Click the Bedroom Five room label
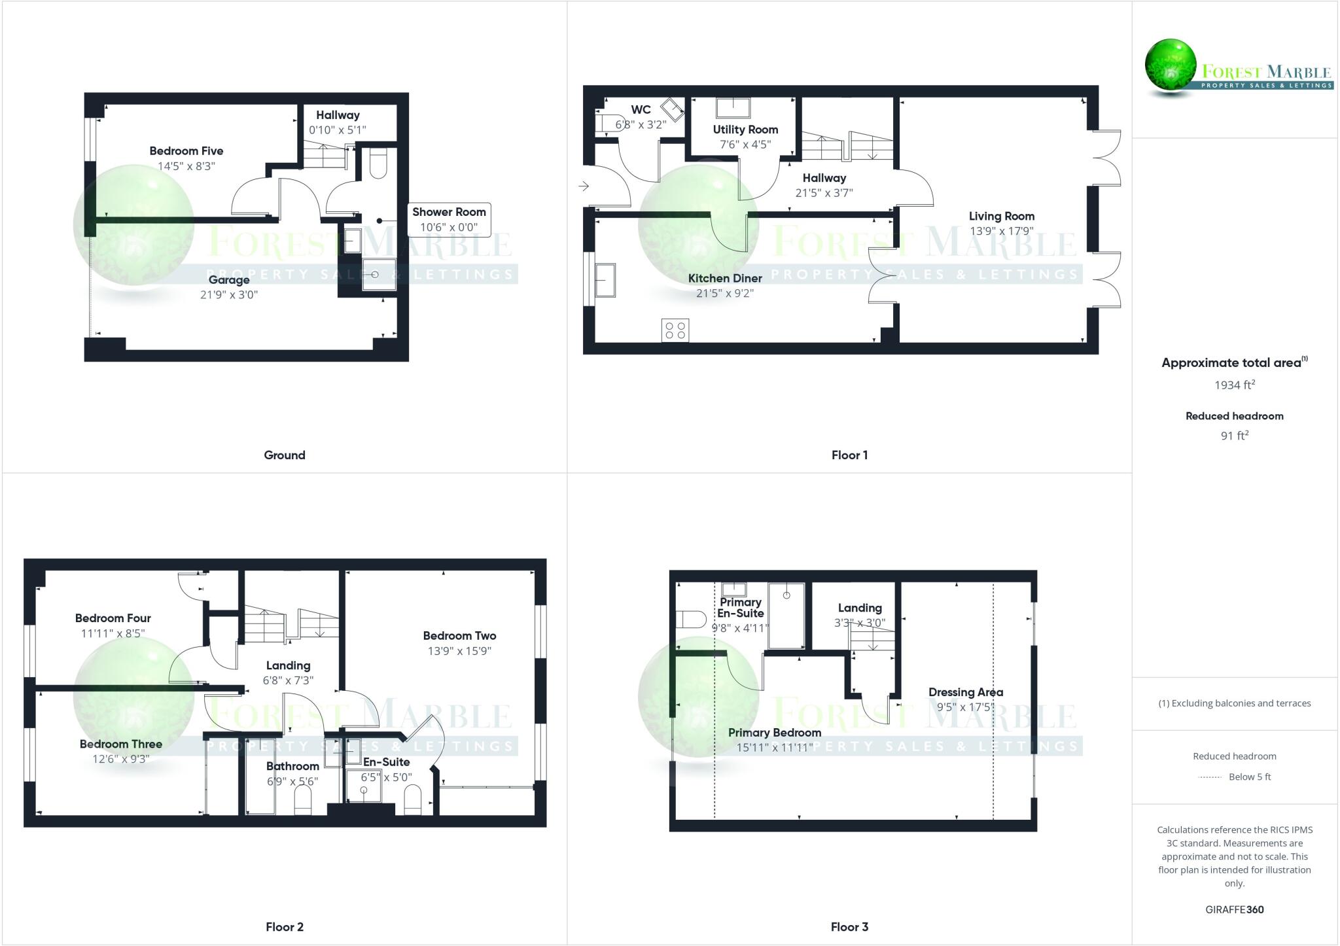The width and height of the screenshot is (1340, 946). click(186, 151)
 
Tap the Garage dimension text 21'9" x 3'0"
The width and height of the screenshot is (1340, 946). click(229, 294)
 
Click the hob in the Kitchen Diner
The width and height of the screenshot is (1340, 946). click(675, 330)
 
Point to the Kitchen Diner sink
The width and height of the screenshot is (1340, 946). click(605, 280)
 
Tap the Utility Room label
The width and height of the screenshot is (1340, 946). click(745, 130)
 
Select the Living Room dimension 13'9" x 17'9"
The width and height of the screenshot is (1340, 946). click(1001, 231)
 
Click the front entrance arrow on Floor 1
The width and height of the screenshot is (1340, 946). click(584, 186)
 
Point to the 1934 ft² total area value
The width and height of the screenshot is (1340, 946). click(1234, 385)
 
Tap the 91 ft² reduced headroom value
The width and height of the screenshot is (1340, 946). click(1234, 436)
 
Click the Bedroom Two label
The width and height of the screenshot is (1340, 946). click(459, 635)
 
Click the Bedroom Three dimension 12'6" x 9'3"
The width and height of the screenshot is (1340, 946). click(121, 759)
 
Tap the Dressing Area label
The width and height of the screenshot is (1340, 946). click(965, 692)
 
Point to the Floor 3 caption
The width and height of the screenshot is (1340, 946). click(849, 926)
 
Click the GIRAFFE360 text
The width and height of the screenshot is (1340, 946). click(1234, 909)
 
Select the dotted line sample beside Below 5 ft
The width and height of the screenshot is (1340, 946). click(1210, 777)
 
